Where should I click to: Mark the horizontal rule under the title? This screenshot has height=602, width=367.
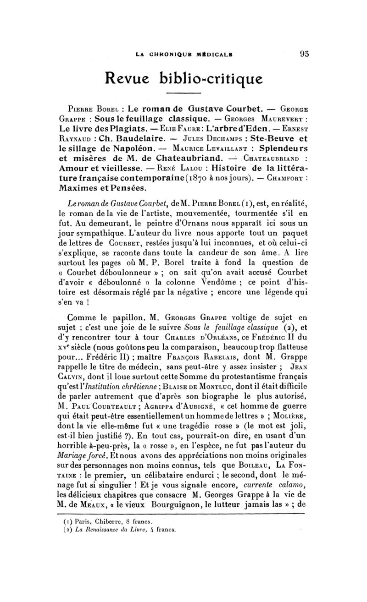pos(183,93)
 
